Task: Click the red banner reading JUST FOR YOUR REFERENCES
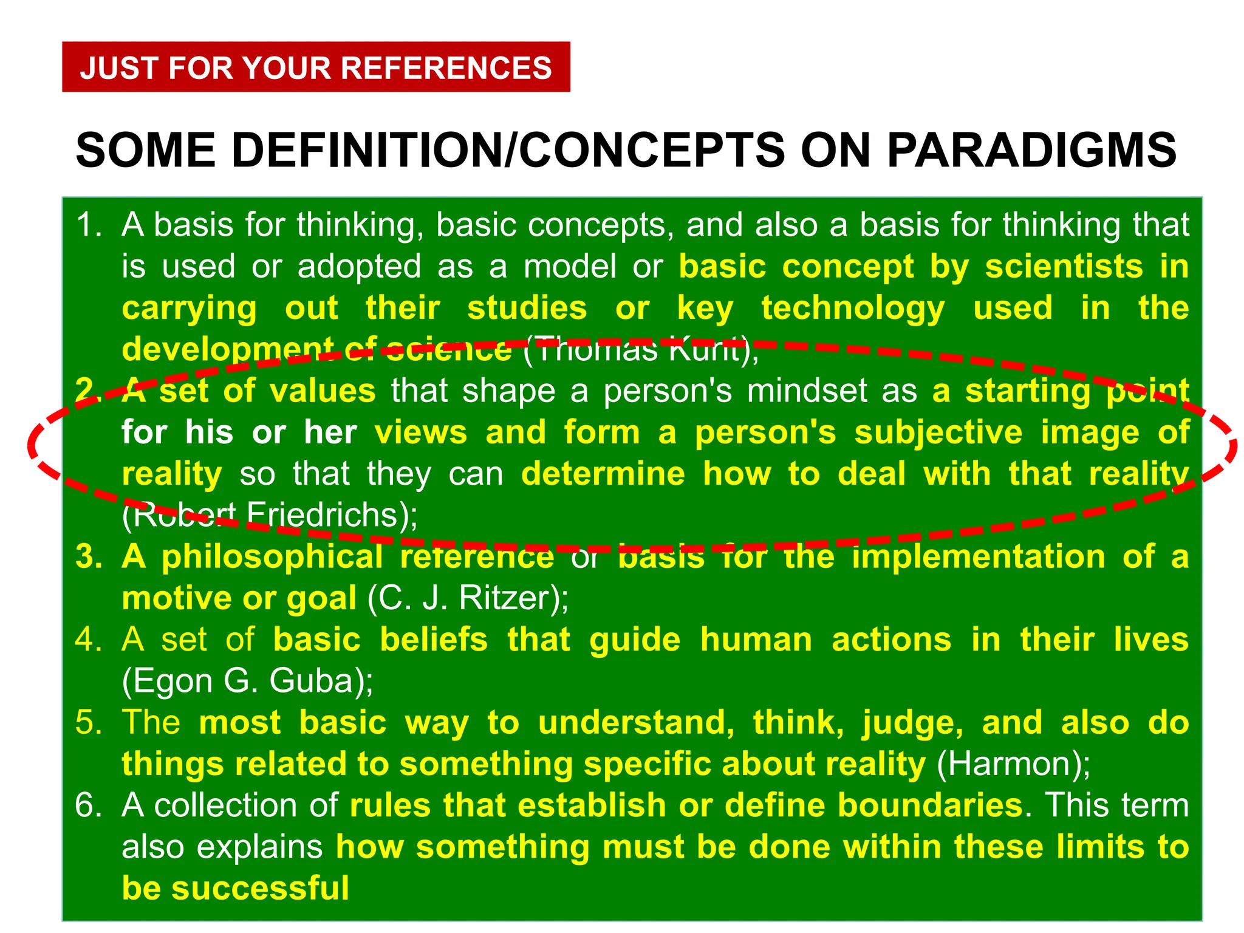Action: pos(316,67)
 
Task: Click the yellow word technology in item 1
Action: pos(853,309)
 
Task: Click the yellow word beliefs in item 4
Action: pos(434,640)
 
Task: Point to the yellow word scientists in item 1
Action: pos(1064,267)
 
